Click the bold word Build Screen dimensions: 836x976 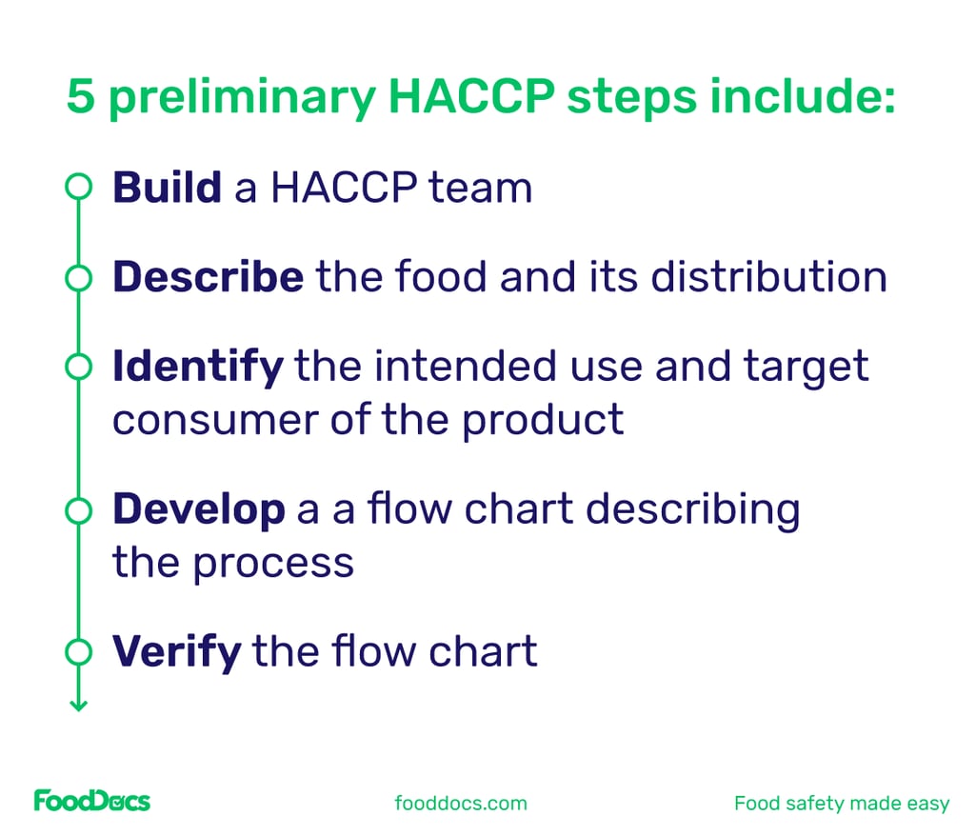coord(167,188)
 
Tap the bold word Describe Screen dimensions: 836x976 coord(208,277)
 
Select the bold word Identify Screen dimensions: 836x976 coord(197,367)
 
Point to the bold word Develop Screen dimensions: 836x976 coord(198,510)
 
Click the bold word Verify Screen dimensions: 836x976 coord(176,652)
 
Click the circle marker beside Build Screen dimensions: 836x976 coord(78,188)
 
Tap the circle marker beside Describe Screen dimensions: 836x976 coord(78,278)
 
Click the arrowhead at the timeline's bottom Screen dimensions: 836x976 coord(78,706)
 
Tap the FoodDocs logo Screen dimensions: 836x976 coord(91,801)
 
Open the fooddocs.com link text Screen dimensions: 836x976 coord(461,803)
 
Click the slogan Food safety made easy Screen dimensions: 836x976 coord(842,803)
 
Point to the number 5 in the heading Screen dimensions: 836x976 coord(81,99)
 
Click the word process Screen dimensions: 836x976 coord(273,564)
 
